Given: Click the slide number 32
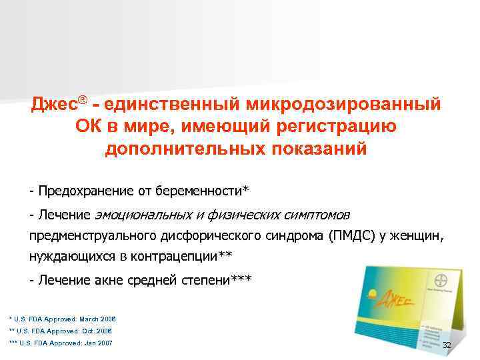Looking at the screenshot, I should click(x=447, y=345).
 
